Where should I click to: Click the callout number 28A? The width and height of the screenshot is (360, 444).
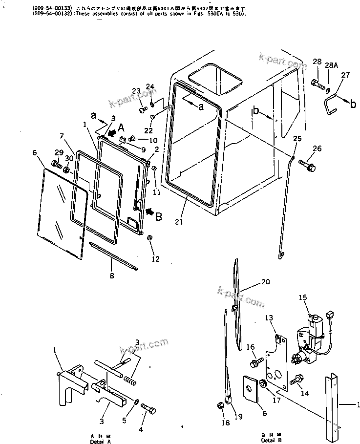click(331, 64)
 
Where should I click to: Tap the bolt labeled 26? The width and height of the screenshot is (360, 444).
click(307, 166)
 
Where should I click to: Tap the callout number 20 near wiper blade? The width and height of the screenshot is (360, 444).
click(265, 281)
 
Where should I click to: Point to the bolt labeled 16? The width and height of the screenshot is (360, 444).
click(255, 363)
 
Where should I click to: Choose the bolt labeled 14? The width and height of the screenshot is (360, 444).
click(297, 380)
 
